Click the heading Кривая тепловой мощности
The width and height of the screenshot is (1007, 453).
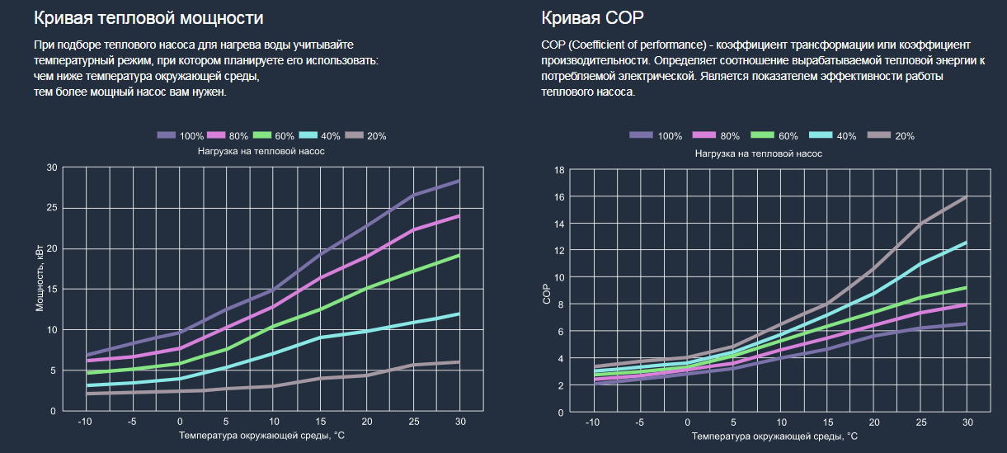(x=149, y=17)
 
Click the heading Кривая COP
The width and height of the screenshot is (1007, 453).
(x=592, y=17)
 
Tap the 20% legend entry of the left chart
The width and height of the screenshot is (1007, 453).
(x=365, y=135)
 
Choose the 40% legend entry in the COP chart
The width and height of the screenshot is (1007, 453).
(x=834, y=135)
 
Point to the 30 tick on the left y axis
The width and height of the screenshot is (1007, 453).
(x=52, y=168)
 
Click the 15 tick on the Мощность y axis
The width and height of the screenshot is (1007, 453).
(x=52, y=289)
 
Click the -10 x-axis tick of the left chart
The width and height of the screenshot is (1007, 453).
(x=84, y=422)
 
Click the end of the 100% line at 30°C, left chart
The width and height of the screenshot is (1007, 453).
(x=459, y=180)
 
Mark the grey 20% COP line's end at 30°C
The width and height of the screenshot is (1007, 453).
(x=966, y=197)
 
